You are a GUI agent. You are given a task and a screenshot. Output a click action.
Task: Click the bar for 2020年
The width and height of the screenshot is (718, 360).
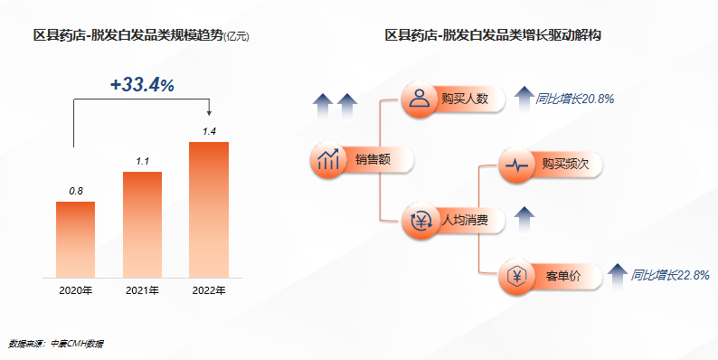(75, 239)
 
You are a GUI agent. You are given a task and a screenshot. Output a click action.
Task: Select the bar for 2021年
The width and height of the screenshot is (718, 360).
(142, 223)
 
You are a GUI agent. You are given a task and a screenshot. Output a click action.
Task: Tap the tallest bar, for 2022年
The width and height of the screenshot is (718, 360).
(209, 209)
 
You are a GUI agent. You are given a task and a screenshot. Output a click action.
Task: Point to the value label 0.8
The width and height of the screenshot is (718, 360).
(76, 191)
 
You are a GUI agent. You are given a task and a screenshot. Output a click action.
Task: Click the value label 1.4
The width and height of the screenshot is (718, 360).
(209, 132)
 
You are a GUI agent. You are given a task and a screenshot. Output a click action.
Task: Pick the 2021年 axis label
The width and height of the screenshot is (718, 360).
(142, 290)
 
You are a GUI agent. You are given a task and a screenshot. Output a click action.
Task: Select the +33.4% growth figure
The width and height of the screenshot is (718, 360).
(142, 84)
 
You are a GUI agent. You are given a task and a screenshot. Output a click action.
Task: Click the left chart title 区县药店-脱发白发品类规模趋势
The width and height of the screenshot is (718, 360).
(127, 36)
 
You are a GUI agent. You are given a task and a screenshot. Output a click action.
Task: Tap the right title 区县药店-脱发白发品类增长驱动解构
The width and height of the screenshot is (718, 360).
(494, 36)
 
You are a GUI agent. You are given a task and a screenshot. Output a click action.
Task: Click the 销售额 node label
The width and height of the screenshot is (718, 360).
(373, 160)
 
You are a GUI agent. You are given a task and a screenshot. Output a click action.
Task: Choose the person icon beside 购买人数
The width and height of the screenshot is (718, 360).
(419, 99)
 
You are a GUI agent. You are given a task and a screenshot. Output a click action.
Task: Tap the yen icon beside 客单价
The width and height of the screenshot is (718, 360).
(516, 275)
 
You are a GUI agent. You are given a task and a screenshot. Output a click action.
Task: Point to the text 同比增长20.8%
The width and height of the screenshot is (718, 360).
(575, 99)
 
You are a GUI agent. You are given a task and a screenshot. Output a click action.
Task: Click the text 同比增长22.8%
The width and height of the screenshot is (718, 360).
(670, 274)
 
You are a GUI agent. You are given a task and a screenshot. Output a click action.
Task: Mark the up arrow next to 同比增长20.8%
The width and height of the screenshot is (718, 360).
(523, 97)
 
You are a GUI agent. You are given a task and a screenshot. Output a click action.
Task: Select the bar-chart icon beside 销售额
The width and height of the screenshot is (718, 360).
(327, 160)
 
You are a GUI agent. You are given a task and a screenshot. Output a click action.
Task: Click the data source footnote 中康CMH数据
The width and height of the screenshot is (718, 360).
(76, 344)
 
